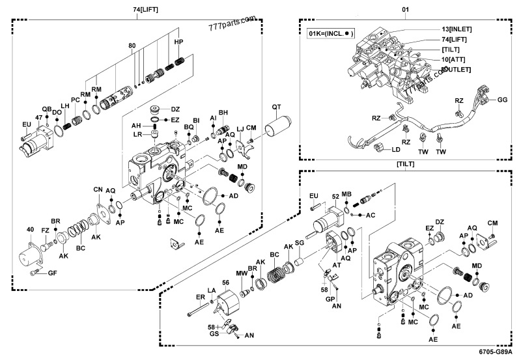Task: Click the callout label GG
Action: click(x=502, y=100)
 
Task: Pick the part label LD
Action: click(x=395, y=150)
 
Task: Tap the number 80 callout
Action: click(x=133, y=46)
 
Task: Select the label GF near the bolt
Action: click(x=52, y=272)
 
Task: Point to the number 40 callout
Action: click(x=29, y=229)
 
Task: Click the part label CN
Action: click(x=98, y=189)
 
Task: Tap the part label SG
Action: click(x=300, y=242)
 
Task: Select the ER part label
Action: click(x=200, y=298)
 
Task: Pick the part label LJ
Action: click(x=240, y=128)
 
